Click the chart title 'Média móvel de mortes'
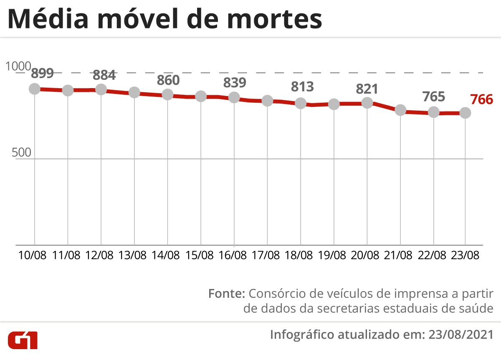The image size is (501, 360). pos(165,20)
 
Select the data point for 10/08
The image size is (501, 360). pos(34,89)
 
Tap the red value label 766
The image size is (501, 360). pos(482,100)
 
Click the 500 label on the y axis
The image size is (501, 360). pos(19,153)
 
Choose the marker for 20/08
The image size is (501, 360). pos(367,103)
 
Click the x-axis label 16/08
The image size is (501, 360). pos(234,255)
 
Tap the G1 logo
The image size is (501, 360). pos(23,341)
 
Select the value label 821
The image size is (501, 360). pos(367,89)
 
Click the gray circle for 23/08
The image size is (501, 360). pos(466,113)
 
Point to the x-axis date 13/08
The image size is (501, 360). pos(134,255)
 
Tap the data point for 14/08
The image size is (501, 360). pos(167,94)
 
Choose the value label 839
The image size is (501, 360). pos(234,83)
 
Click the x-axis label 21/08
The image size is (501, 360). pos(400,255)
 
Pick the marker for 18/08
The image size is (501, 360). pos(301,103)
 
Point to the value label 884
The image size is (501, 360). pos(104,76)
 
